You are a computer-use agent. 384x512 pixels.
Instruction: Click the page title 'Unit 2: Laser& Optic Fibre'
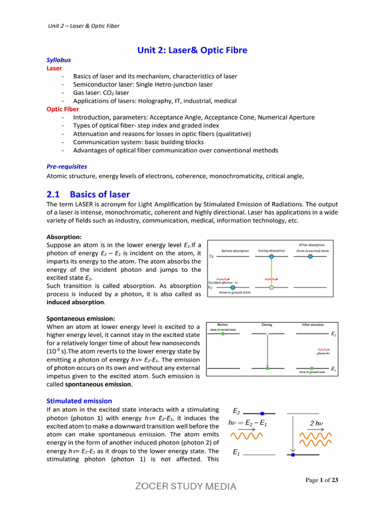pos(192,50)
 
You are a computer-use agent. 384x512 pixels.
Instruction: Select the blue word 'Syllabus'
pos(58,59)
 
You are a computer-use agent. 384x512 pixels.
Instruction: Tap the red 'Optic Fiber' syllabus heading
pos(62,109)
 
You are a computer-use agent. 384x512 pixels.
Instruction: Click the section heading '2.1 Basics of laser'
pos(88,194)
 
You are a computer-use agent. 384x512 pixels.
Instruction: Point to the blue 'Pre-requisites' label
pos(66,166)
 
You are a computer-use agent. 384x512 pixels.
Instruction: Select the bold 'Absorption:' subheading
pos(64,236)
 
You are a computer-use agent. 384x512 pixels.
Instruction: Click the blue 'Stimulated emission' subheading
pos(79,400)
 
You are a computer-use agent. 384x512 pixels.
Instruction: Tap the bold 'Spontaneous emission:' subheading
pos(80,318)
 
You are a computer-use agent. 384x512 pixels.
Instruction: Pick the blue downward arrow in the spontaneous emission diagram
pos(267,350)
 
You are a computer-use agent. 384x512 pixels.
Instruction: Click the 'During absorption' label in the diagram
pos(271,251)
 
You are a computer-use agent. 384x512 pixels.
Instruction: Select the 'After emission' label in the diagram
pos(312,324)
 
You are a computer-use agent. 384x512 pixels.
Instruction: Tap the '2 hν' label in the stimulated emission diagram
pos(316,423)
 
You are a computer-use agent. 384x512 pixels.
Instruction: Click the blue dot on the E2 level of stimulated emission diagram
pos(262,413)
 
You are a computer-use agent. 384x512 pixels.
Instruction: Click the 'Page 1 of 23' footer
pos(322,480)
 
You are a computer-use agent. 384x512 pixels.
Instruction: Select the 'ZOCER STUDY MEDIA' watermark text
pos(186,486)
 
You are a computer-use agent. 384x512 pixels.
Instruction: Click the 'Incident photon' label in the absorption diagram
pos(220,282)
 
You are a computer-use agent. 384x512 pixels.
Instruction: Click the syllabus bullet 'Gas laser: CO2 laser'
pos(100,92)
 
